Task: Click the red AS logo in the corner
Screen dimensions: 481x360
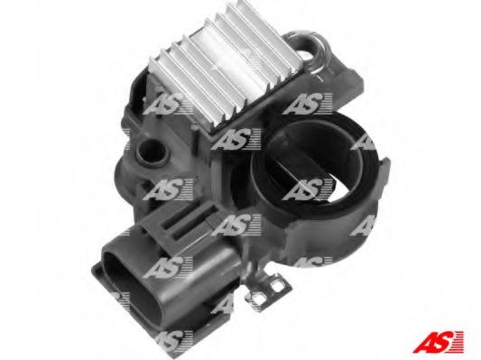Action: click(x=439, y=341)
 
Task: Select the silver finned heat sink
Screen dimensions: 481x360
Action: click(x=225, y=67)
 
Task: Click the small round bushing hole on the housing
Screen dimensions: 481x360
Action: click(x=152, y=151)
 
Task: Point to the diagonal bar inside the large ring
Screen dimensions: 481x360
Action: click(x=304, y=171)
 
